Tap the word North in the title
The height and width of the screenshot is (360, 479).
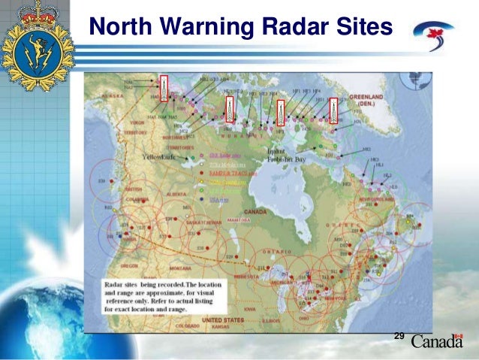coord(118,28)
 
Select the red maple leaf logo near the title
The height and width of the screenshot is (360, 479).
coord(434,32)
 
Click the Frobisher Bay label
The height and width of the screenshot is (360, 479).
coord(286,159)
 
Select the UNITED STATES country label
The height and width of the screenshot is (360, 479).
coord(225,320)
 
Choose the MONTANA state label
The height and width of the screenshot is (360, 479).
coord(180,267)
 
